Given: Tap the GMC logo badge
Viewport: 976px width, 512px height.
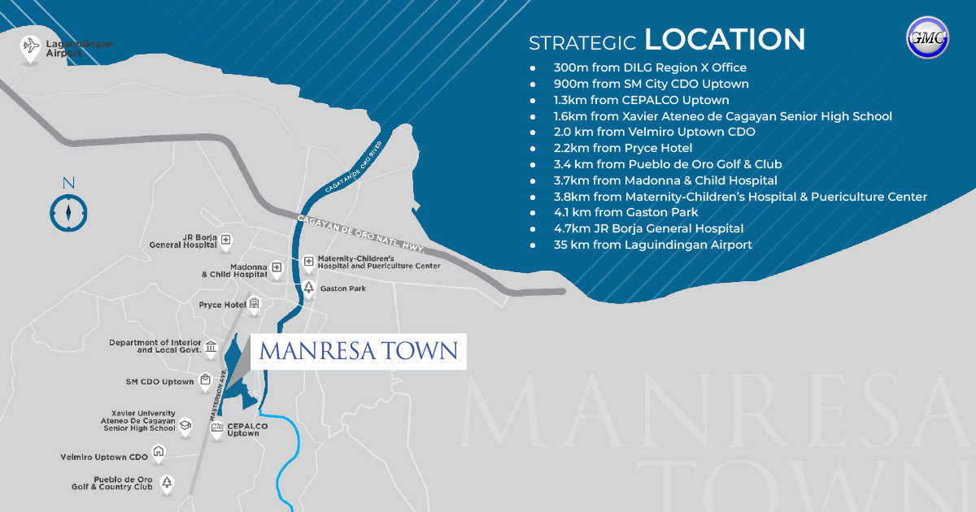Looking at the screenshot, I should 927,38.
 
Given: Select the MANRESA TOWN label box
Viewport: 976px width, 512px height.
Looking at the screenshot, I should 358,351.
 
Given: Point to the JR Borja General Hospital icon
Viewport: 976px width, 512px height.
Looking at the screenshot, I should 226,241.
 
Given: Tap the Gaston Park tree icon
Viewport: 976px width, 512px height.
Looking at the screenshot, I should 308,289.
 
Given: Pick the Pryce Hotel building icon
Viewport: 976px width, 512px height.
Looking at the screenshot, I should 255,305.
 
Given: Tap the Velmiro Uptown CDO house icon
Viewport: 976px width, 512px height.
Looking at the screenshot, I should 159,453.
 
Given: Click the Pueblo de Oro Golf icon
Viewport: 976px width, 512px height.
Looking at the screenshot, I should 167,483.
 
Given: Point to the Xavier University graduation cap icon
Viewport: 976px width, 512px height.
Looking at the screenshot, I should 185,425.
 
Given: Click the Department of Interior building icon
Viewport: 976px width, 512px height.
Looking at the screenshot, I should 211,348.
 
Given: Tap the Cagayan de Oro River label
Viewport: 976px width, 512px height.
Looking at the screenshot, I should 354,166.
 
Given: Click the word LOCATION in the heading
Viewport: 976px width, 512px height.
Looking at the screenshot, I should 725,40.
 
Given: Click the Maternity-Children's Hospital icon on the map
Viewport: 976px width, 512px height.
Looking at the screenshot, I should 308,262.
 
